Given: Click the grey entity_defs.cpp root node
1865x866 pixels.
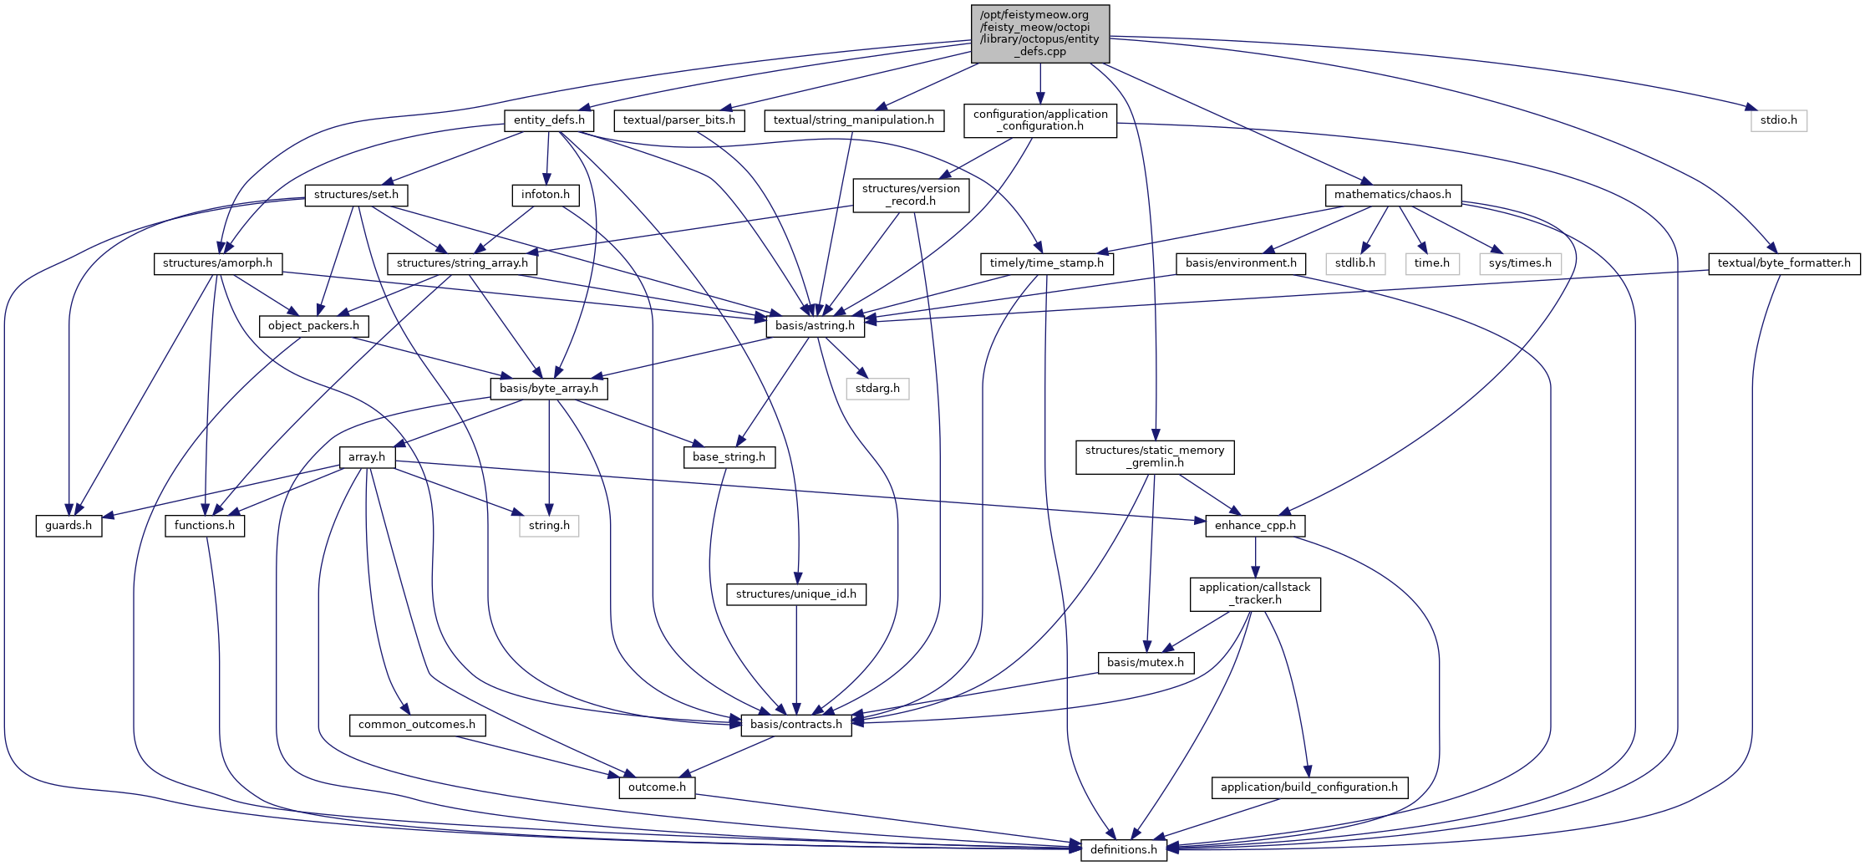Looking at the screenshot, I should coord(1039,33).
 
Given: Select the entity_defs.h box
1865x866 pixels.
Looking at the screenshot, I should coord(549,120).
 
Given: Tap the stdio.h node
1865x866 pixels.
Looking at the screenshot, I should coord(1778,120).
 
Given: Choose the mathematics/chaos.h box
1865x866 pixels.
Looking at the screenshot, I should coord(1392,195).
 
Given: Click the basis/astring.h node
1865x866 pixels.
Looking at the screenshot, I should coord(815,326).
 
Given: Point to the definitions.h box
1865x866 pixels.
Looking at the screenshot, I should coord(1123,850).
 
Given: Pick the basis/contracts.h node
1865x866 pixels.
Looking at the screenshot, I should coord(796,725).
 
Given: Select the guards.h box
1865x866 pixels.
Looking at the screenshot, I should coord(69,526).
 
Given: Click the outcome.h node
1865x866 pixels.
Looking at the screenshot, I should coord(657,787).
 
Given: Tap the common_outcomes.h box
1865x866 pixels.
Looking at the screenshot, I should coord(417,725).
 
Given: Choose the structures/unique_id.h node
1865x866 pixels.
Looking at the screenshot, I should coord(796,594).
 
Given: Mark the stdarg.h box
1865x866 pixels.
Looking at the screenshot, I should coord(877,389).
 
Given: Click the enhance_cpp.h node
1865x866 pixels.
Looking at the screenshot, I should coord(1255,526).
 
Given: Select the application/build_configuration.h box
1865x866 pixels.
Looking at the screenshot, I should coord(1309,787).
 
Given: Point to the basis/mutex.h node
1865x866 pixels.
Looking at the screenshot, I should coord(1145,663).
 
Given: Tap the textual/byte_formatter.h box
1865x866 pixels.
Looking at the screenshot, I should coord(1784,263).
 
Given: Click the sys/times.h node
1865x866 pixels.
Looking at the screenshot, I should coord(1520,263).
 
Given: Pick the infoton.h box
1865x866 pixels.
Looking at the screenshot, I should coord(546,195).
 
